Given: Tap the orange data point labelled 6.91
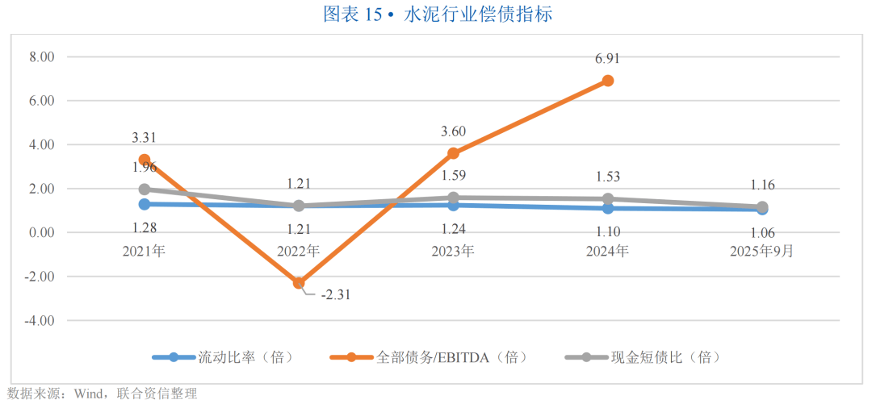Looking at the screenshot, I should (x=608, y=81).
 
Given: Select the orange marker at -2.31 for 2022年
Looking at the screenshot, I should (x=299, y=283).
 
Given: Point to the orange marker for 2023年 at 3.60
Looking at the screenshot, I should (x=454, y=153).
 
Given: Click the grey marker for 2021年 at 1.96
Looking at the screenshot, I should (x=145, y=190).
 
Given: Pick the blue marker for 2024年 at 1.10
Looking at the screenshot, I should (x=608, y=208).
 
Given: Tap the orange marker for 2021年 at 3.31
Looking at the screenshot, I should (x=145, y=160).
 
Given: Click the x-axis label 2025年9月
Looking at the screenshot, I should (x=762, y=251).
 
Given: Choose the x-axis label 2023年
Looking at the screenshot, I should (x=454, y=251).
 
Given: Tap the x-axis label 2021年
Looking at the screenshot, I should (x=145, y=251).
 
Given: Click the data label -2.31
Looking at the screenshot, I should (x=337, y=295).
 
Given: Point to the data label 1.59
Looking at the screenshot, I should (x=454, y=176).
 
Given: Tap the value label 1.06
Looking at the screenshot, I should (x=762, y=234).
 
